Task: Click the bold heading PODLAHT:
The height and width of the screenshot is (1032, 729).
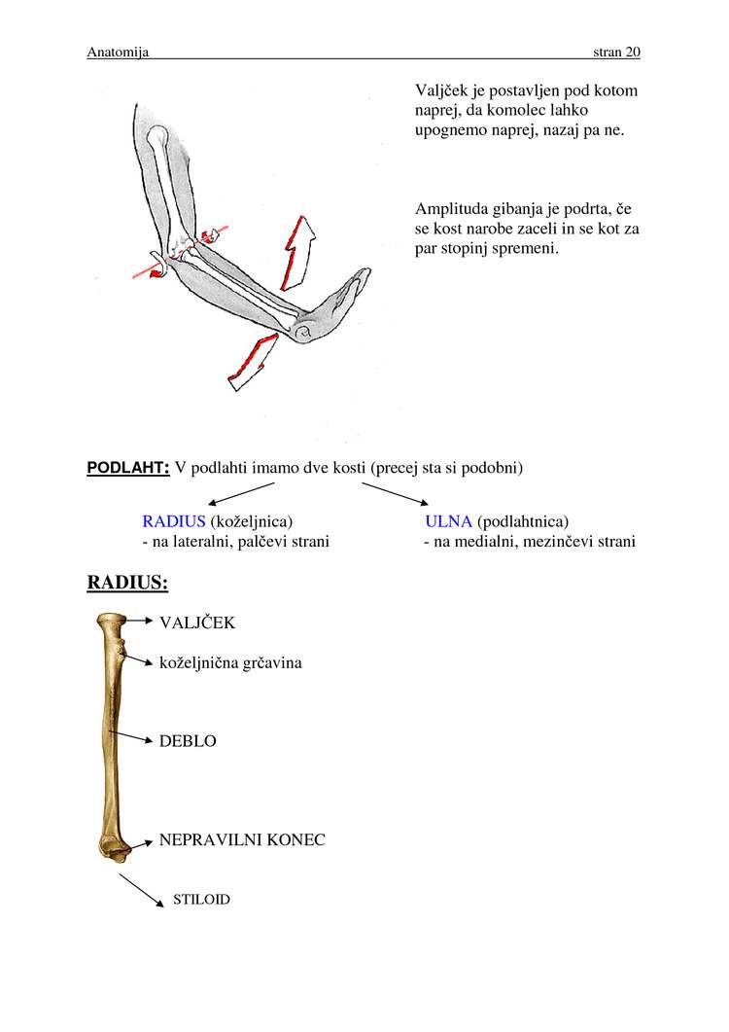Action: (x=128, y=468)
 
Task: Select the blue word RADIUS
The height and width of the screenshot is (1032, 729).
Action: (x=174, y=521)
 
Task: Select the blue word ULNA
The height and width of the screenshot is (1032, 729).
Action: (x=448, y=521)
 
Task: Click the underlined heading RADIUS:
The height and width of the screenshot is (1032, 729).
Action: (x=127, y=583)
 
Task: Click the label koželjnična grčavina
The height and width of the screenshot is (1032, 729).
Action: (x=230, y=663)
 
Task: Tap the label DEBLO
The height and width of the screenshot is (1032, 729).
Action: (x=188, y=741)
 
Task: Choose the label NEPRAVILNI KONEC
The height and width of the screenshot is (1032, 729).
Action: (x=242, y=839)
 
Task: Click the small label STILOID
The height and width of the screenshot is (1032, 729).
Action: (x=201, y=900)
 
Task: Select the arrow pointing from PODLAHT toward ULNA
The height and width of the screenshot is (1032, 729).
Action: (x=396, y=492)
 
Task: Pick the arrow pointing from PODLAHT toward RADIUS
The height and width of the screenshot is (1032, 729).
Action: (x=241, y=492)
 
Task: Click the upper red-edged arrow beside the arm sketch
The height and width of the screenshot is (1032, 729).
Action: (x=297, y=252)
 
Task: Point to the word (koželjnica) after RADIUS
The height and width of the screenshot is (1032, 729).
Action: (x=252, y=521)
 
